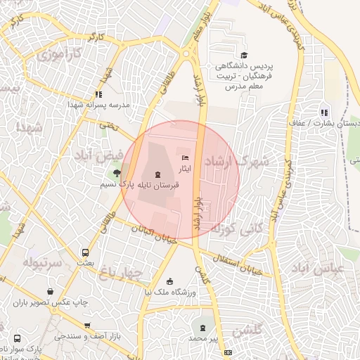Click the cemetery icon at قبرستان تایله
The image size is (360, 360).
pyautogui.click(x=156, y=173)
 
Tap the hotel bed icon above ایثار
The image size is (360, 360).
pyautogui.click(x=185, y=157)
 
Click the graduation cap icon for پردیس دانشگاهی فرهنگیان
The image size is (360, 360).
pyautogui.click(x=243, y=56)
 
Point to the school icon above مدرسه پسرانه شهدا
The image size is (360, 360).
pyautogui.click(x=98, y=94)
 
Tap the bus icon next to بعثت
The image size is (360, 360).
pyautogui.click(x=86, y=252)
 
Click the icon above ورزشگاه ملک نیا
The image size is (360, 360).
pyautogui.click(x=168, y=280)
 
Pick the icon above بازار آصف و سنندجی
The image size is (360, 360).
pyautogui.click(x=86, y=326)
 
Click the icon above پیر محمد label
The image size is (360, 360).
pyautogui.click(x=203, y=328)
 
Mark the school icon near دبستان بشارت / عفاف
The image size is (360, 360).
pyautogui.click(x=323, y=112)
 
